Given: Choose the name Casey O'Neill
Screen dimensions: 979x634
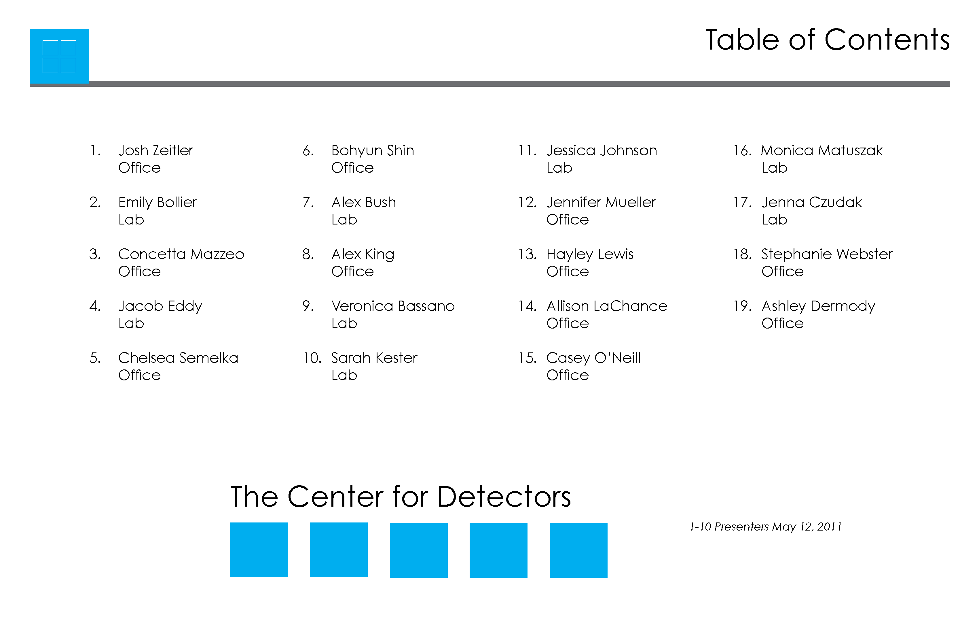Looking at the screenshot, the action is click(593, 358).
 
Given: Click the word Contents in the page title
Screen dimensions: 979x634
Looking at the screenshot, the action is click(887, 40).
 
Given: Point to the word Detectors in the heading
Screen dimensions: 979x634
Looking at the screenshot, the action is click(504, 497).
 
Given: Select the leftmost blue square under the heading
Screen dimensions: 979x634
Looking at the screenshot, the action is click(259, 550).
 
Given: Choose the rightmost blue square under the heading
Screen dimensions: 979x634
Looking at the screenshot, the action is click(578, 550).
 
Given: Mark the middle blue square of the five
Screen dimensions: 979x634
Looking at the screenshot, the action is click(419, 550).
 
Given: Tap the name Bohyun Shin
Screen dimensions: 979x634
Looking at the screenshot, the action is click(373, 151).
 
